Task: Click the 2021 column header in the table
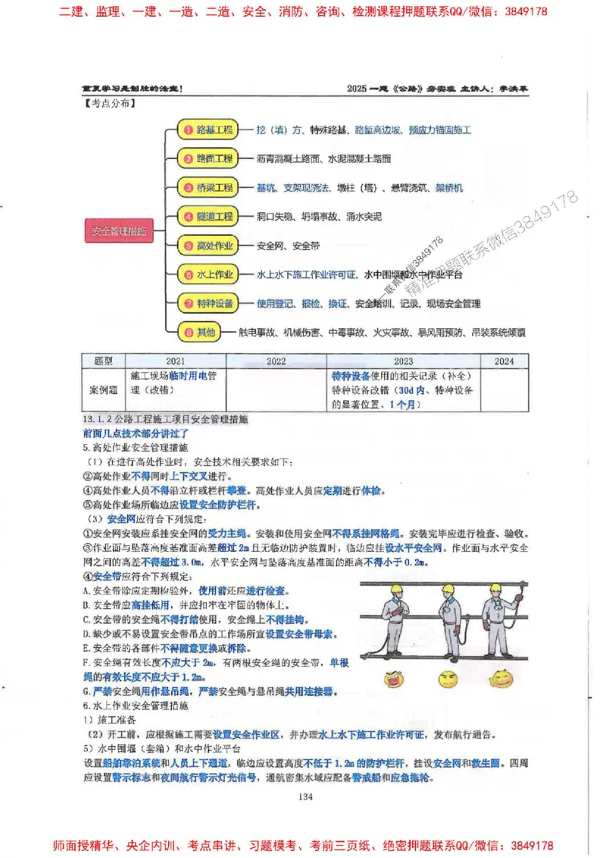(x=173, y=362)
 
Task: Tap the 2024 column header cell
(x=504, y=362)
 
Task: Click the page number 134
(x=305, y=795)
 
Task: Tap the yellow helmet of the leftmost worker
(x=395, y=588)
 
